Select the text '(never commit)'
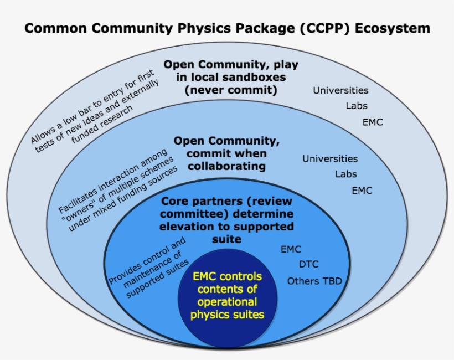[x=231, y=89]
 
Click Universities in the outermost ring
[x=341, y=90]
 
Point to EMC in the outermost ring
[x=373, y=122]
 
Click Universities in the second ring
[x=330, y=159]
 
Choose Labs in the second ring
[x=345, y=174]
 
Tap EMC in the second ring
[x=362, y=191]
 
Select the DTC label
[x=308, y=265]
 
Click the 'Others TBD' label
[x=314, y=281]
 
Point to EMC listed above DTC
[x=291, y=249]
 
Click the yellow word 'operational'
[x=227, y=302]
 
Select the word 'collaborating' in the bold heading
[x=226, y=166]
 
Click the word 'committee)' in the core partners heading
[x=189, y=214]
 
